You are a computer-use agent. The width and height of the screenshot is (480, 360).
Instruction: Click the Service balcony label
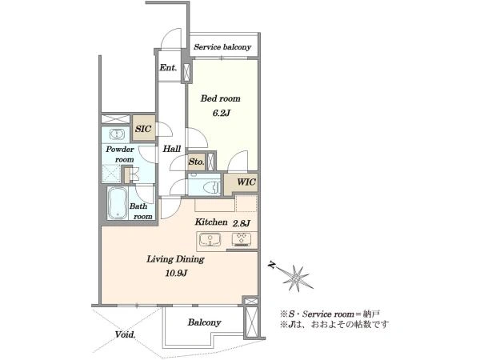(222, 47)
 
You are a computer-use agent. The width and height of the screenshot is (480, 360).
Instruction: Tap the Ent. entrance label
(168, 68)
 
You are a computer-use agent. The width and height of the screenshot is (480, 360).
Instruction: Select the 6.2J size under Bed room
(221, 114)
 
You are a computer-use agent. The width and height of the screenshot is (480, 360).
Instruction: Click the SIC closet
(143, 128)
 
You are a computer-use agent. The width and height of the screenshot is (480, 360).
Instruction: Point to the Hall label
(172, 149)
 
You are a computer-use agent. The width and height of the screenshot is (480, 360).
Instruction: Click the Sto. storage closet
(196, 162)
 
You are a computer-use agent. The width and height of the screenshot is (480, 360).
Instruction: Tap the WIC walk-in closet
(242, 183)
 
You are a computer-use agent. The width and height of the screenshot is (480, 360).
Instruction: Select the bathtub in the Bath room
(118, 203)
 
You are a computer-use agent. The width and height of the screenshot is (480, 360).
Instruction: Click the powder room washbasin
(116, 134)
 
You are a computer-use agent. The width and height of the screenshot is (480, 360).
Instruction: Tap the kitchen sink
(210, 239)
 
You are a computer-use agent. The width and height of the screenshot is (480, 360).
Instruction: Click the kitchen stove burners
(242, 239)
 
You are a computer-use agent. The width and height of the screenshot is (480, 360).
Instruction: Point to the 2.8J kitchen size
(242, 223)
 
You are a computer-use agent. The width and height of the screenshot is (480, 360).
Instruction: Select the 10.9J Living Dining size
(176, 273)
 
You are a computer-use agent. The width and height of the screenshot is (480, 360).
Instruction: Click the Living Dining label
(175, 259)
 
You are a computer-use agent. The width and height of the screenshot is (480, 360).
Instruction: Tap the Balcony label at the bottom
(205, 322)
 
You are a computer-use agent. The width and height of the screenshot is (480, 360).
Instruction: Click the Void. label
(126, 334)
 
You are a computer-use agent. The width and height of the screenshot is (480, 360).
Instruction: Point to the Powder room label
(120, 154)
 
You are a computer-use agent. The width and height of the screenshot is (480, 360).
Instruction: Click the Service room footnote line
(330, 314)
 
